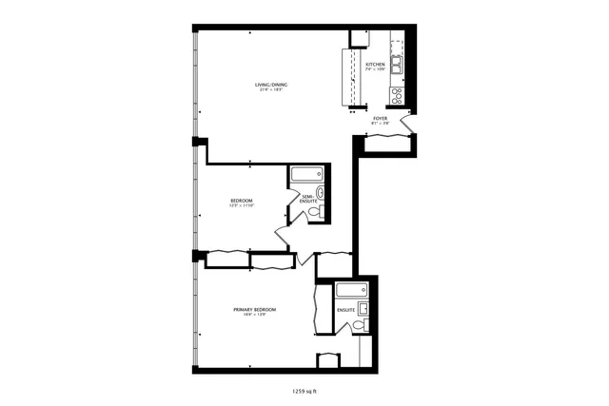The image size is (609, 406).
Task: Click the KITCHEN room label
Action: (x=375, y=65)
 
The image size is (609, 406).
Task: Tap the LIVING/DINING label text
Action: (x=271, y=86)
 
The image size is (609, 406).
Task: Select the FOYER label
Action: (x=380, y=119)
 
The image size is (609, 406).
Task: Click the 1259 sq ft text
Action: (x=304, y=390)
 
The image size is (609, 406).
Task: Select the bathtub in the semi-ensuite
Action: (x=306, y=174)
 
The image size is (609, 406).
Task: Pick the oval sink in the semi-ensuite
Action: (x=321, y=194)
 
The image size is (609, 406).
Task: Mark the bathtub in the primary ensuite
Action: (x=351, y=289)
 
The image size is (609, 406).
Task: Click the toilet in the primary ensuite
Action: (x=358, y=326)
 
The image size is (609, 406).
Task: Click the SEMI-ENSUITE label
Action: (x=308, y=200)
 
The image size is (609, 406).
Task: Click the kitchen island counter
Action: (x=348, y=76)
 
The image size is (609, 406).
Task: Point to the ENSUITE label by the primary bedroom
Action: (x=345, y=310)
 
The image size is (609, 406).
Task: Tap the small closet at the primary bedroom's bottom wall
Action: (x=327, y=359)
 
